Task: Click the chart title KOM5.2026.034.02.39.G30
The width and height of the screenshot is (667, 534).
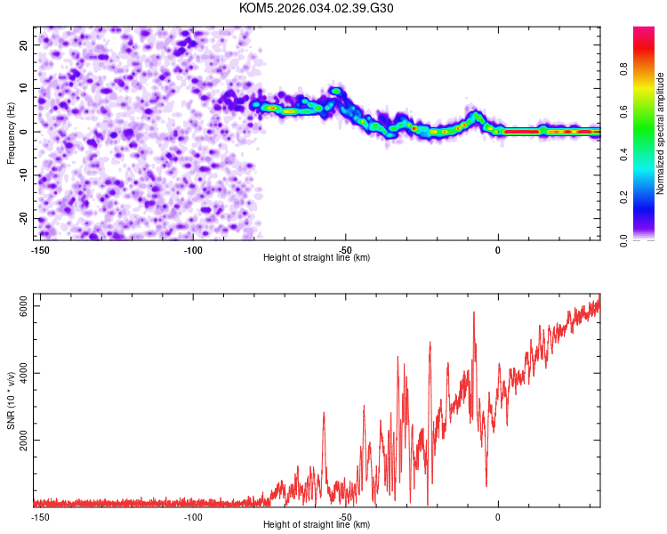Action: click(317, 8)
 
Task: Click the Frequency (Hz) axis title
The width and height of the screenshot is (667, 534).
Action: click(11, 133)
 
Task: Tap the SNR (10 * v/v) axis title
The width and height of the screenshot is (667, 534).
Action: click(12, 400)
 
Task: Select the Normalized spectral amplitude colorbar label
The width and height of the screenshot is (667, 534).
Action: click(660, 133)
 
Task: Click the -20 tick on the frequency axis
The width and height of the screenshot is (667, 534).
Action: click(23, 219)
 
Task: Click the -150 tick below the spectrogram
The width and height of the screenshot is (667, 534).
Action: click(39, 250)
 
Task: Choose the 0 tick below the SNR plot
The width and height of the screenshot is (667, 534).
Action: click(498, 517)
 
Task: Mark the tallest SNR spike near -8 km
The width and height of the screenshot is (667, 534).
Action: click(474, 312)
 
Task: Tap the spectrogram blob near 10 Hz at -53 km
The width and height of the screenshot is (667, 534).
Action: click(335, 91)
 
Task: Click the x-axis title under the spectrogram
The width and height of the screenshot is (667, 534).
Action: click(317, 258)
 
